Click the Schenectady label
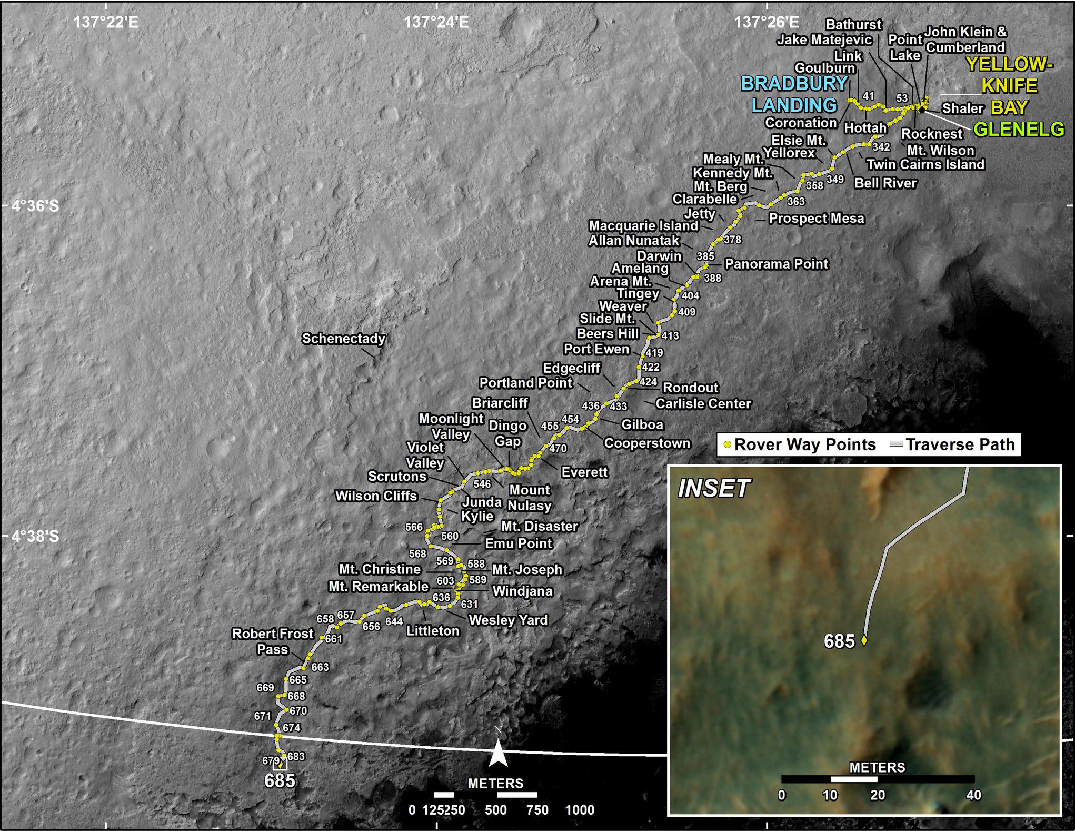(x=343, y=339)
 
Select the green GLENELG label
(x=1019, y=129)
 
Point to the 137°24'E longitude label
(x=436, y=22)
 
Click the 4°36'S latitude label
(x=36, y=206)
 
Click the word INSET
(x=713, y=489)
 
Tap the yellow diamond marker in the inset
(x=863, y=641)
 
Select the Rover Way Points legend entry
(x=800, y=445)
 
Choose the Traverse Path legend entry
(x=953, y=445)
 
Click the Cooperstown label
(x=646, y=443)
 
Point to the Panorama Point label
(x=776, y=264)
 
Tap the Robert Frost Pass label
(x=273, y=641)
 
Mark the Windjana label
(x=522, y=591)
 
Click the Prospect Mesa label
(x=817, y=219)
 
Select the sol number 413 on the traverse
(x=670, y=335)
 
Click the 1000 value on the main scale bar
(x=580, y=810)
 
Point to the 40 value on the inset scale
(x=973, y=795)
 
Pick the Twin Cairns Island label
(x=925, y=165)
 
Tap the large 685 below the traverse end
(x=280, y=780)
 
